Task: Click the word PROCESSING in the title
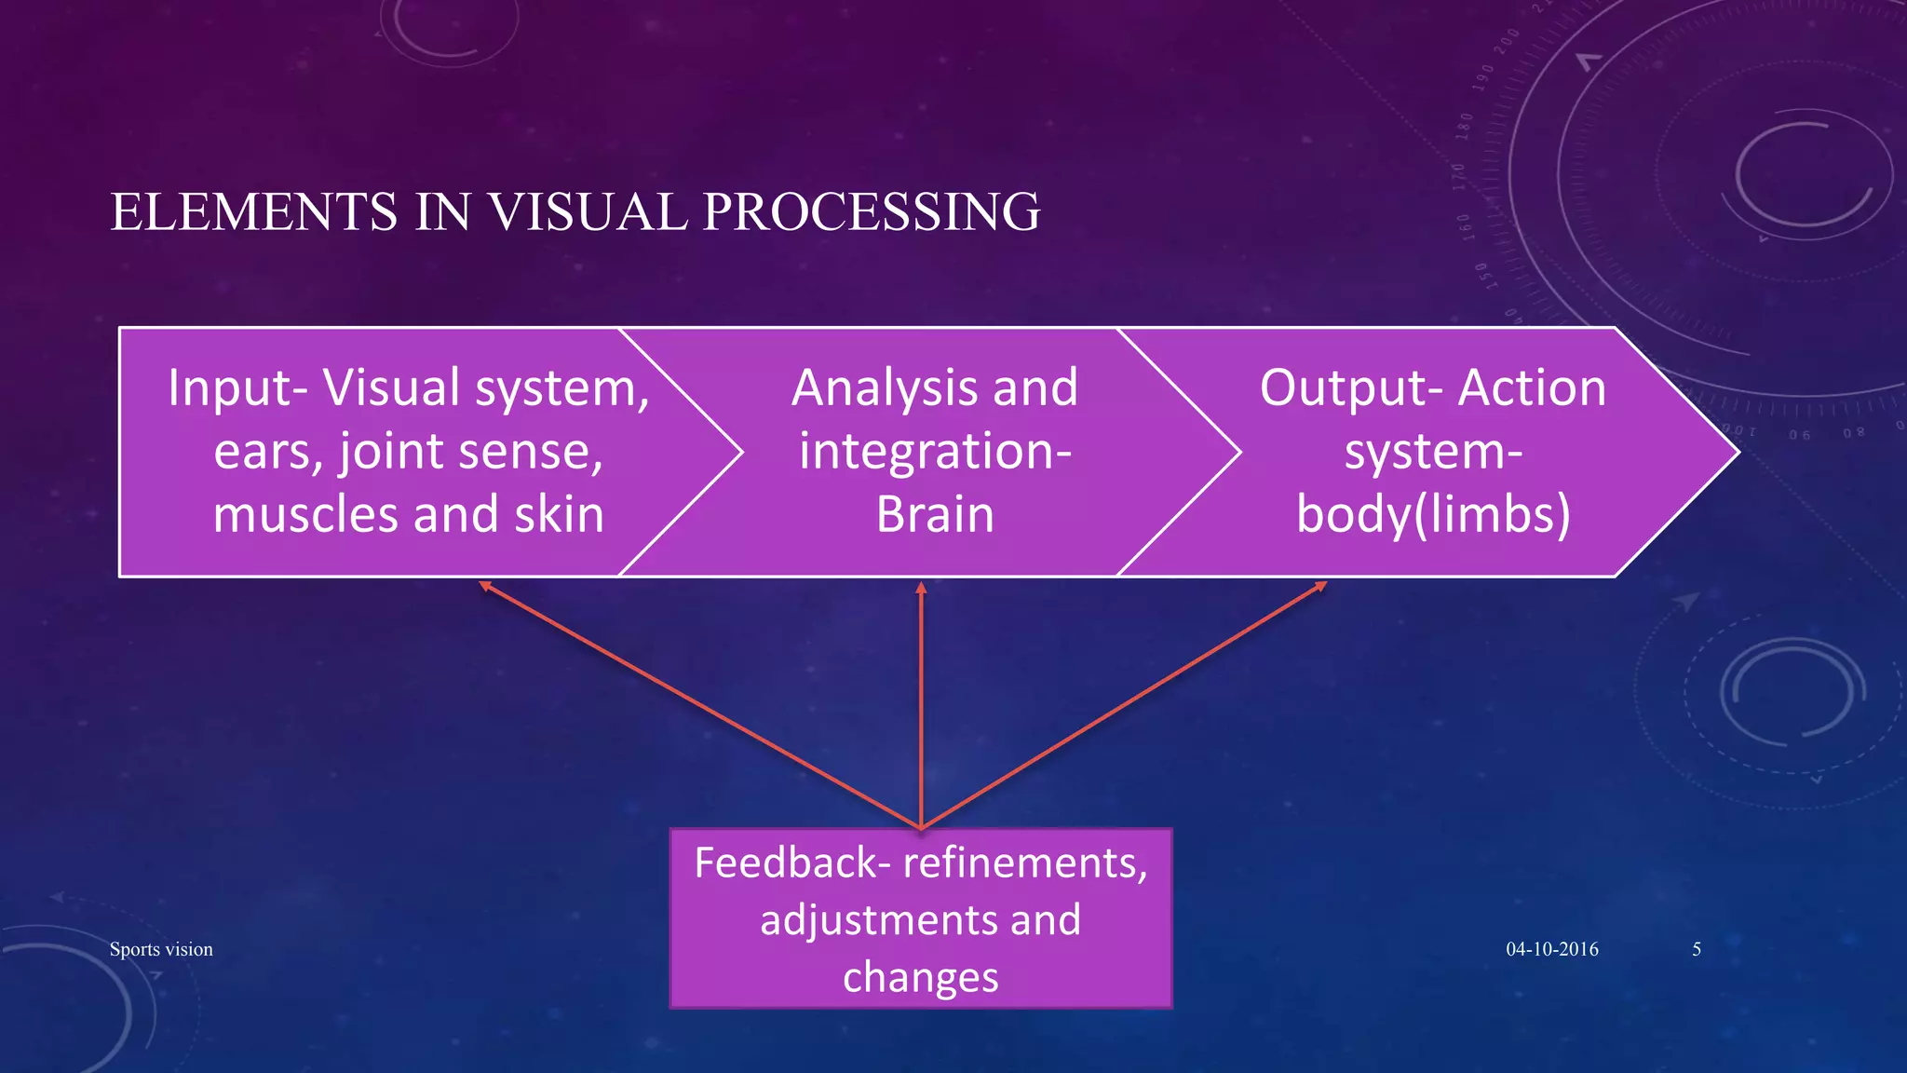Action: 872,212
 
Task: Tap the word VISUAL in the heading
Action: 588,212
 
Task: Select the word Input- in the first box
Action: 237,387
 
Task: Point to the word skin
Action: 559,514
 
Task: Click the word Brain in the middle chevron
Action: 935,514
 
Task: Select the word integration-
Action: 935,451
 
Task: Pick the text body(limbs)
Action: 1433,514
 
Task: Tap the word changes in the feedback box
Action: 920,977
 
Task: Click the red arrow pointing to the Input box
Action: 698,703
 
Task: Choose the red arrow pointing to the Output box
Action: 1122,705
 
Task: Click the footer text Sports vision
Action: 161,949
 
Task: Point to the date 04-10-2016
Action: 1552,949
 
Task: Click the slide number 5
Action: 1697,949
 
